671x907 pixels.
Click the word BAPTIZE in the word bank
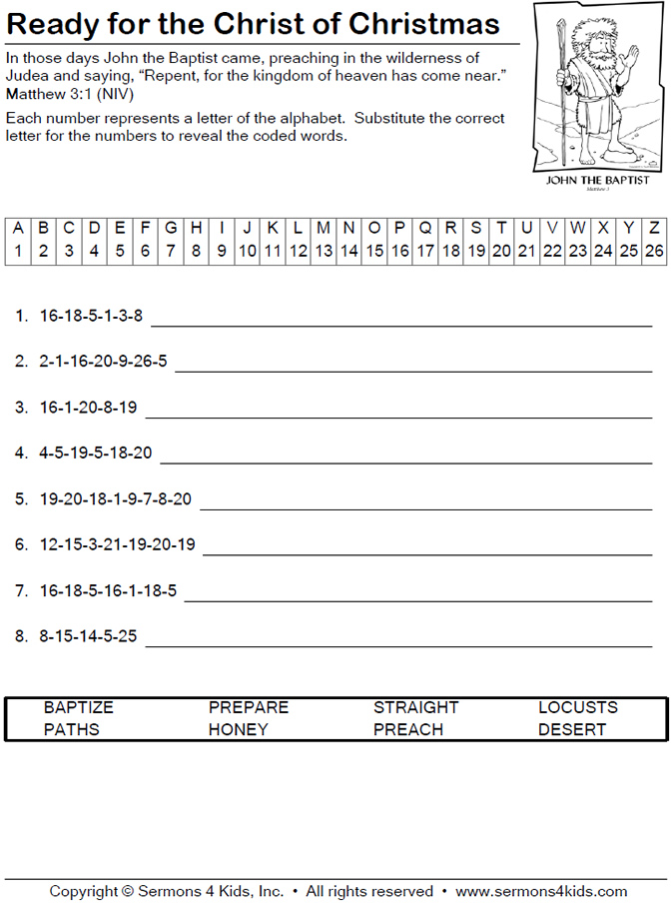(79, 707)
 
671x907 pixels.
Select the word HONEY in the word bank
(238, 729)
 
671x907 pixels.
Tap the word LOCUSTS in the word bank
(578, 707)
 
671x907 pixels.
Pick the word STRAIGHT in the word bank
(415, 707)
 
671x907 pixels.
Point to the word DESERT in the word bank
(572, 729)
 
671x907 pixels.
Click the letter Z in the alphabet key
(654, 227)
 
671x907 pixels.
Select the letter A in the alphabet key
(18, 227)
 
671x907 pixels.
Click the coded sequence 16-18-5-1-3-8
(91, 317)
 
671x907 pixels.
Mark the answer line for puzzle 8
(398, 645)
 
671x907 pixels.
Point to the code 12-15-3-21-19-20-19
(118, 544)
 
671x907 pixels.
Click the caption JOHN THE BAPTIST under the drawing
(598, 180)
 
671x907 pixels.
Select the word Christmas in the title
(436, 24)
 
